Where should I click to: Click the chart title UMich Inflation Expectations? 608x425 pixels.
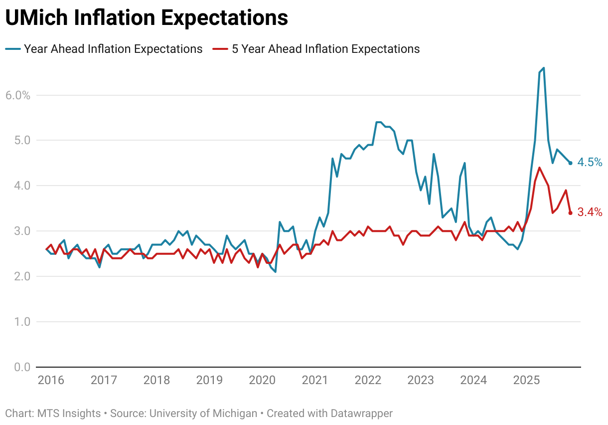coord(147,17)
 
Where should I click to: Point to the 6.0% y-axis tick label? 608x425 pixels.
coord(18,95)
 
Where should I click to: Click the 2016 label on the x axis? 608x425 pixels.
coord(51,380)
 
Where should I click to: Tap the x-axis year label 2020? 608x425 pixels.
coord(262,380)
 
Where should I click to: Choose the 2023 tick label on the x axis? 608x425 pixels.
coord(421,380)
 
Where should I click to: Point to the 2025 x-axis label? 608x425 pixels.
coord(526,380)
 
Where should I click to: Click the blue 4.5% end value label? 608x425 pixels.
coord(590,163)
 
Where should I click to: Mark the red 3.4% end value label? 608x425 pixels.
coord(590,212)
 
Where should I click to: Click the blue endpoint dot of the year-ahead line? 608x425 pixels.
coord(570,163)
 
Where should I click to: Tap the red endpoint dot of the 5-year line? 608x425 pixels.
coord(570,213)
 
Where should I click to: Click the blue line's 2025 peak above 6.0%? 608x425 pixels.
coord(543,68)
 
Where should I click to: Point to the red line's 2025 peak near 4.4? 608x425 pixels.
coord(539,168)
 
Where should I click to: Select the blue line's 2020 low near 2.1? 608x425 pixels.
coord(276,272)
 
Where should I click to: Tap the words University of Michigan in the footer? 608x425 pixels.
coord(203,414)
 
